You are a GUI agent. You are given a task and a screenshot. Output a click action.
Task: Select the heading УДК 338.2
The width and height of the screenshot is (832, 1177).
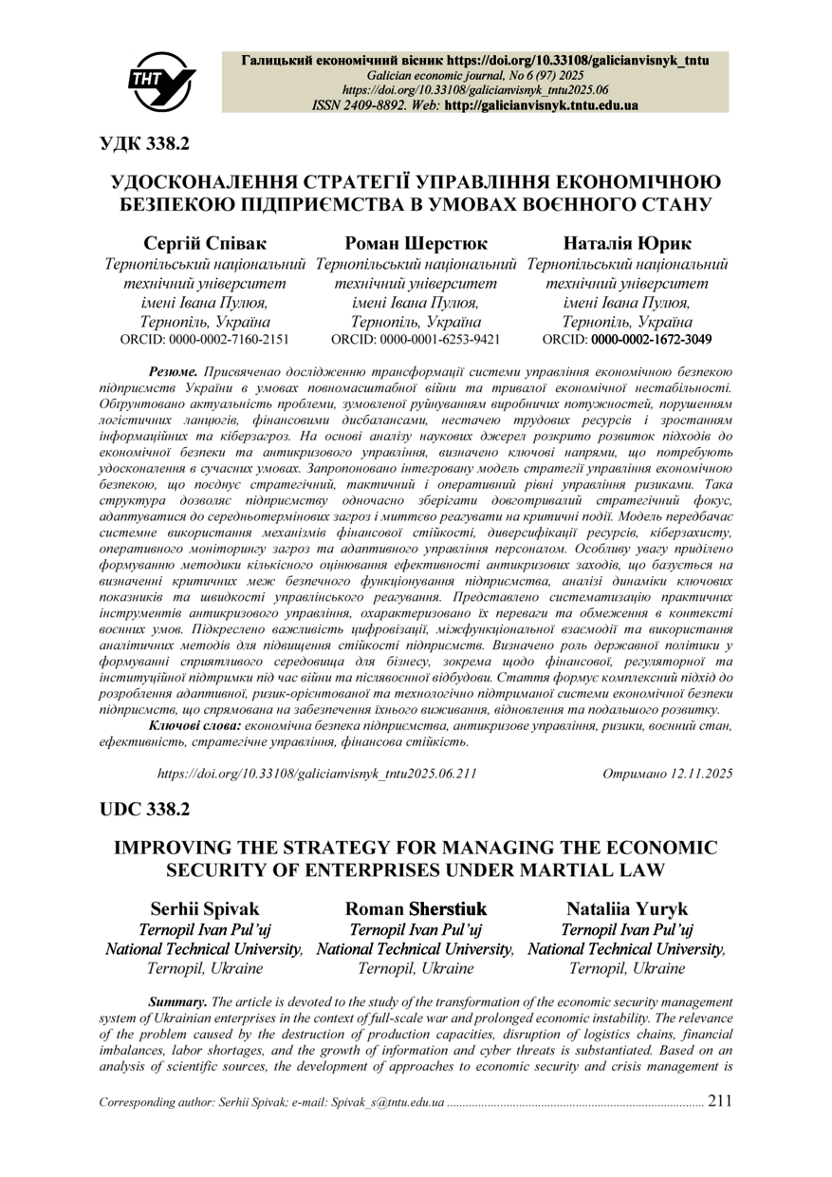coord(145,144)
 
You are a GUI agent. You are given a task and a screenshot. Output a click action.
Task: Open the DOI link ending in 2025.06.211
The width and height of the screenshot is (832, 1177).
coord(316,774)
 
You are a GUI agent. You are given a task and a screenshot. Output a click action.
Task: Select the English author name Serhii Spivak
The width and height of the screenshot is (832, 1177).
coord(205,908)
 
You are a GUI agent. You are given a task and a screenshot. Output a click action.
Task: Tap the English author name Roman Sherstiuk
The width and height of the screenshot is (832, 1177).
coord(416,908)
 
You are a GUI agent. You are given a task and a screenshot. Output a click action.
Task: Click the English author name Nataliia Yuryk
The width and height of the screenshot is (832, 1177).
coord(626,908)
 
